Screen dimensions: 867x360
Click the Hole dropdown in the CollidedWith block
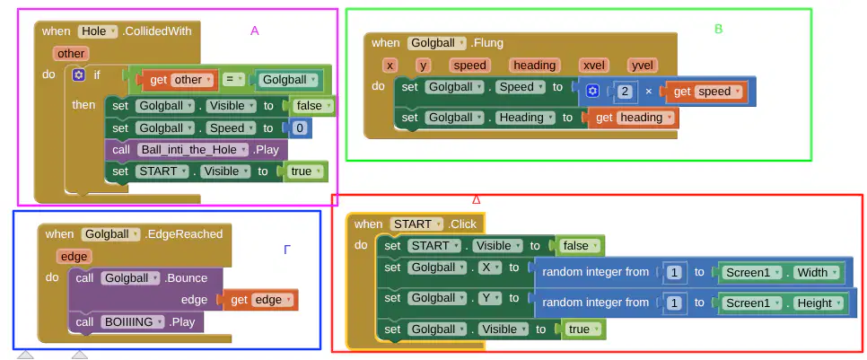(98, 31)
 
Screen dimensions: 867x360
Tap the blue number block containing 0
(300, 128)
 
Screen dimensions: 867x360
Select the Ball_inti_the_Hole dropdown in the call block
(193, 150)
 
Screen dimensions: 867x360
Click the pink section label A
(254, 31)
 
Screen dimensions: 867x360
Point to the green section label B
(718, 30)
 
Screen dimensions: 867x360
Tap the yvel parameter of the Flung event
(643, 66)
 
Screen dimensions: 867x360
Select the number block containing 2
(625, 92)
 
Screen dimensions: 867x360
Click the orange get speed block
(706, 92)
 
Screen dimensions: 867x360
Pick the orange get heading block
(633, 118)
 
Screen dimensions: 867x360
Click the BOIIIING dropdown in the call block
(133, 321)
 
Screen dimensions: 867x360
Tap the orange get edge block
(260, 300)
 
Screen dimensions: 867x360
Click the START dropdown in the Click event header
(416, 224)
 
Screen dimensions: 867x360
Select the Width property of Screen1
(816, 273)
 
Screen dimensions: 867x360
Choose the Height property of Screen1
(819, 303)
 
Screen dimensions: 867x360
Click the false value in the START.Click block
(580, 245)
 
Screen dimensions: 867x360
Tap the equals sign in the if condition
(233, 80)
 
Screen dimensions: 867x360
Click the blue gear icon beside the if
(78, 75)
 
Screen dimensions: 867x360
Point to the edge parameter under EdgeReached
(74, 257)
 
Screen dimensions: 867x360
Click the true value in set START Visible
(304, 171)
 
